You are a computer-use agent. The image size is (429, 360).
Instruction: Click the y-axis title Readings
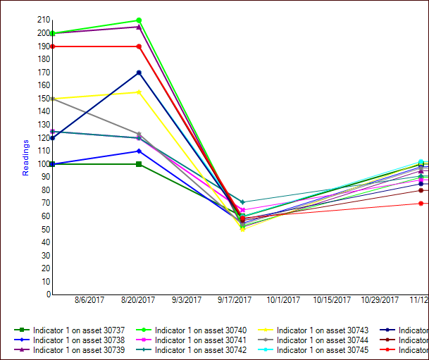pos(26,157)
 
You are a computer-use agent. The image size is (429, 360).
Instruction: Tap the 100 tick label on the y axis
pos(44,163)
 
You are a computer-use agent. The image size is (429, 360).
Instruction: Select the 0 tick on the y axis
pos(49,294)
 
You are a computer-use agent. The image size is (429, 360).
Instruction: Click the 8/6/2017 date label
pos(89,300)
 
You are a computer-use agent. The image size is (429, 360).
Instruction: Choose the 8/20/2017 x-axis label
pos(138,300)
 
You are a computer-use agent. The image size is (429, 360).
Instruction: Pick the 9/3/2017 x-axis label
pos(186,300)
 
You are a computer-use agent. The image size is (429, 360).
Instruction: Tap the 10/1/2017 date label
pos(283,300)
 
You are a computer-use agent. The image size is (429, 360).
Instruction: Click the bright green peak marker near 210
pos(139,20)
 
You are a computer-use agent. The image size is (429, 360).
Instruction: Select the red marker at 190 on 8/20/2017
pos(139,46)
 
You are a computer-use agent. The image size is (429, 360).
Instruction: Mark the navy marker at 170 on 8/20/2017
pos(139,73)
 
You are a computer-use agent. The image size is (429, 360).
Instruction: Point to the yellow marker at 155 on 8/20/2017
pos(139,92)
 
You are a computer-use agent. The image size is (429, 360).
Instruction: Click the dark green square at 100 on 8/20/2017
pos(139,164)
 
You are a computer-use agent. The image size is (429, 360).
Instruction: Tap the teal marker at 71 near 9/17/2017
pos(243,202)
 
